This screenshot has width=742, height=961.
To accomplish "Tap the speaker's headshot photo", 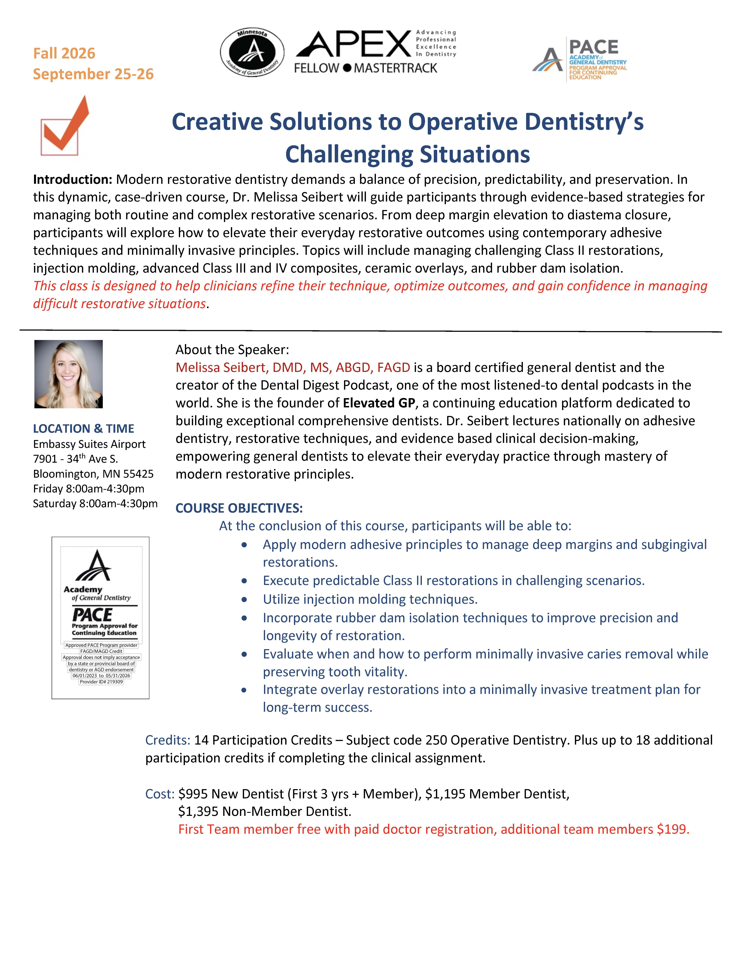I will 69,374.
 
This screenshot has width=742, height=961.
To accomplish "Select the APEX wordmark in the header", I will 354,45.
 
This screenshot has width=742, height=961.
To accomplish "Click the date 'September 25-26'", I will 93,74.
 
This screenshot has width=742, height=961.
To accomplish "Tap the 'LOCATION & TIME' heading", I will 84,429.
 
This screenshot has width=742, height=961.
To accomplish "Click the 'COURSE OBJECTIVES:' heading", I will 239,508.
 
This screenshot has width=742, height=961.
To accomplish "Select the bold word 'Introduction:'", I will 73,180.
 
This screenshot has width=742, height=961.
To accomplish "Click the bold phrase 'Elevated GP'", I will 379,403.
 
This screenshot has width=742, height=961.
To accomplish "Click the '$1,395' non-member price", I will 199,811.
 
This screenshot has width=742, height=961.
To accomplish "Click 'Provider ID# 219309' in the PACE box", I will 101,682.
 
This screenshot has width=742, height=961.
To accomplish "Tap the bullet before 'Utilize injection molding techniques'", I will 244,600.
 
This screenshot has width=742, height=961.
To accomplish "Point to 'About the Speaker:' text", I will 232,350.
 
